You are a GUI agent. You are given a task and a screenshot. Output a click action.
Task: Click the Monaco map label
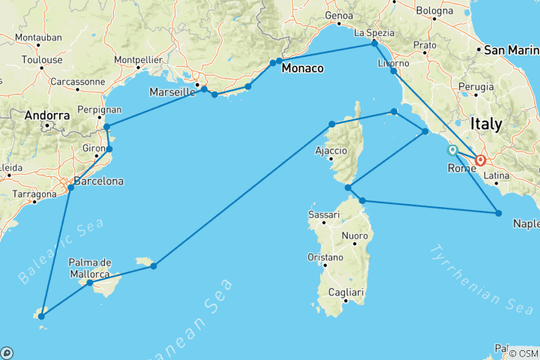[x=302, y=68]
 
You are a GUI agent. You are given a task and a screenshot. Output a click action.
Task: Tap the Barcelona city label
[x=97, y=181]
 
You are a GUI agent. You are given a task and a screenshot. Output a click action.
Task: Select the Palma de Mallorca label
[x=90, y=268]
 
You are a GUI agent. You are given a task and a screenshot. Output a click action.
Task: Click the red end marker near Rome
[x=480, y=160]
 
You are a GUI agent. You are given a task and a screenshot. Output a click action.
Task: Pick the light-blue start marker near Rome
[x=453, y=151]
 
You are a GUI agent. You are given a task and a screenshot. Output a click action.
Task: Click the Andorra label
[x=47, y=115]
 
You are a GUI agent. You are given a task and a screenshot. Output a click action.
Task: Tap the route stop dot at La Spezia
[x=374, y=44]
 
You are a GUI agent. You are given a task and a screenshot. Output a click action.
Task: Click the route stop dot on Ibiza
[x=41, y=316]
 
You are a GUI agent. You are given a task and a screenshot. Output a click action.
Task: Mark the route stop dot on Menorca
[x=153, y=265]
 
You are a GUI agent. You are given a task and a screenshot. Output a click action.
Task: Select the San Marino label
[x=511, y=50]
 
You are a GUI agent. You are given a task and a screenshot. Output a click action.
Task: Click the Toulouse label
[x=41, y=59]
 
